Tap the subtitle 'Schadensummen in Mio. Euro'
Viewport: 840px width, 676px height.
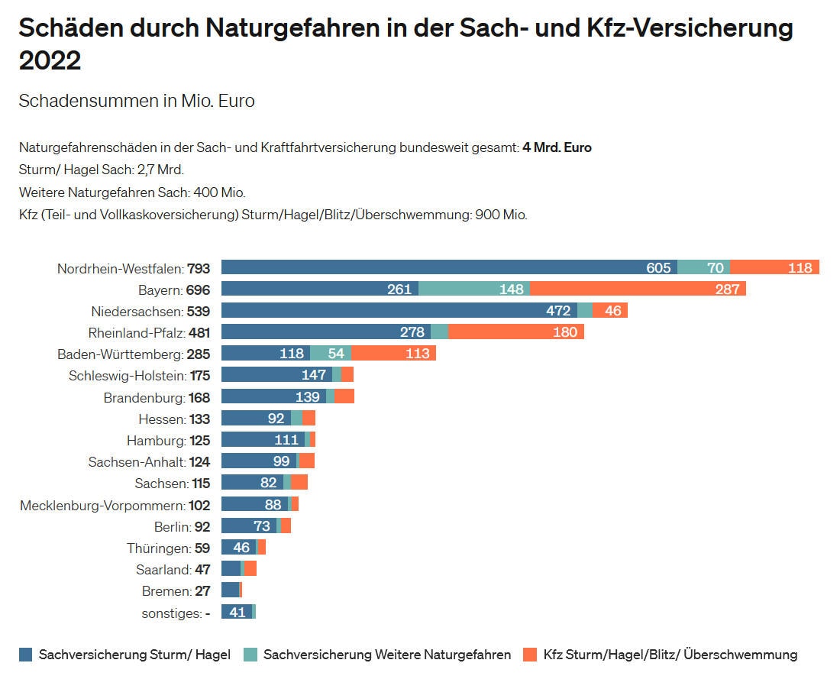tap(137, 101)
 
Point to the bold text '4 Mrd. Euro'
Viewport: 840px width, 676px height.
tap(557, 147)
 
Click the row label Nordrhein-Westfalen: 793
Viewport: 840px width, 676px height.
tap(134, 268)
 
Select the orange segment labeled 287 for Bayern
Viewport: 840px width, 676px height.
tap(638, 289)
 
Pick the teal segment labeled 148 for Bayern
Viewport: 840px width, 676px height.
tap(474, 289)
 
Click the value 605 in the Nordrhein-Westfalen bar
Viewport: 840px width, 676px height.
tap(658, 267)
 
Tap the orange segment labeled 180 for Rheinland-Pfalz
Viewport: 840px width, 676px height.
tap(516, 332)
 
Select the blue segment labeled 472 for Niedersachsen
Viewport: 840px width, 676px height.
tap(399, 310)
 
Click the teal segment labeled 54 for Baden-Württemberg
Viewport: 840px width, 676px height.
tap(331, 353)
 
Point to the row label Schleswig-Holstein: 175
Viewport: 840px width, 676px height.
tap(139, 375)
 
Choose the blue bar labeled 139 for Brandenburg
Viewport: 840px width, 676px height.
tap(273, 396)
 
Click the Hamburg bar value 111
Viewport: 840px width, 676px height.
tap(286, 439)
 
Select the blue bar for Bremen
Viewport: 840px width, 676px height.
tap(230, 590)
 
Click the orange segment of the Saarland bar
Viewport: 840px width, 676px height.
tap(250, 568)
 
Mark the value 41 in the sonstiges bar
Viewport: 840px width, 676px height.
tap(237, 611)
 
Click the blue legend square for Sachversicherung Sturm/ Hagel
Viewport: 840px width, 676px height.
tap(26, 655)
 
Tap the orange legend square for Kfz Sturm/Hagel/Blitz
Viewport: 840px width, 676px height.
tap(530, 655)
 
